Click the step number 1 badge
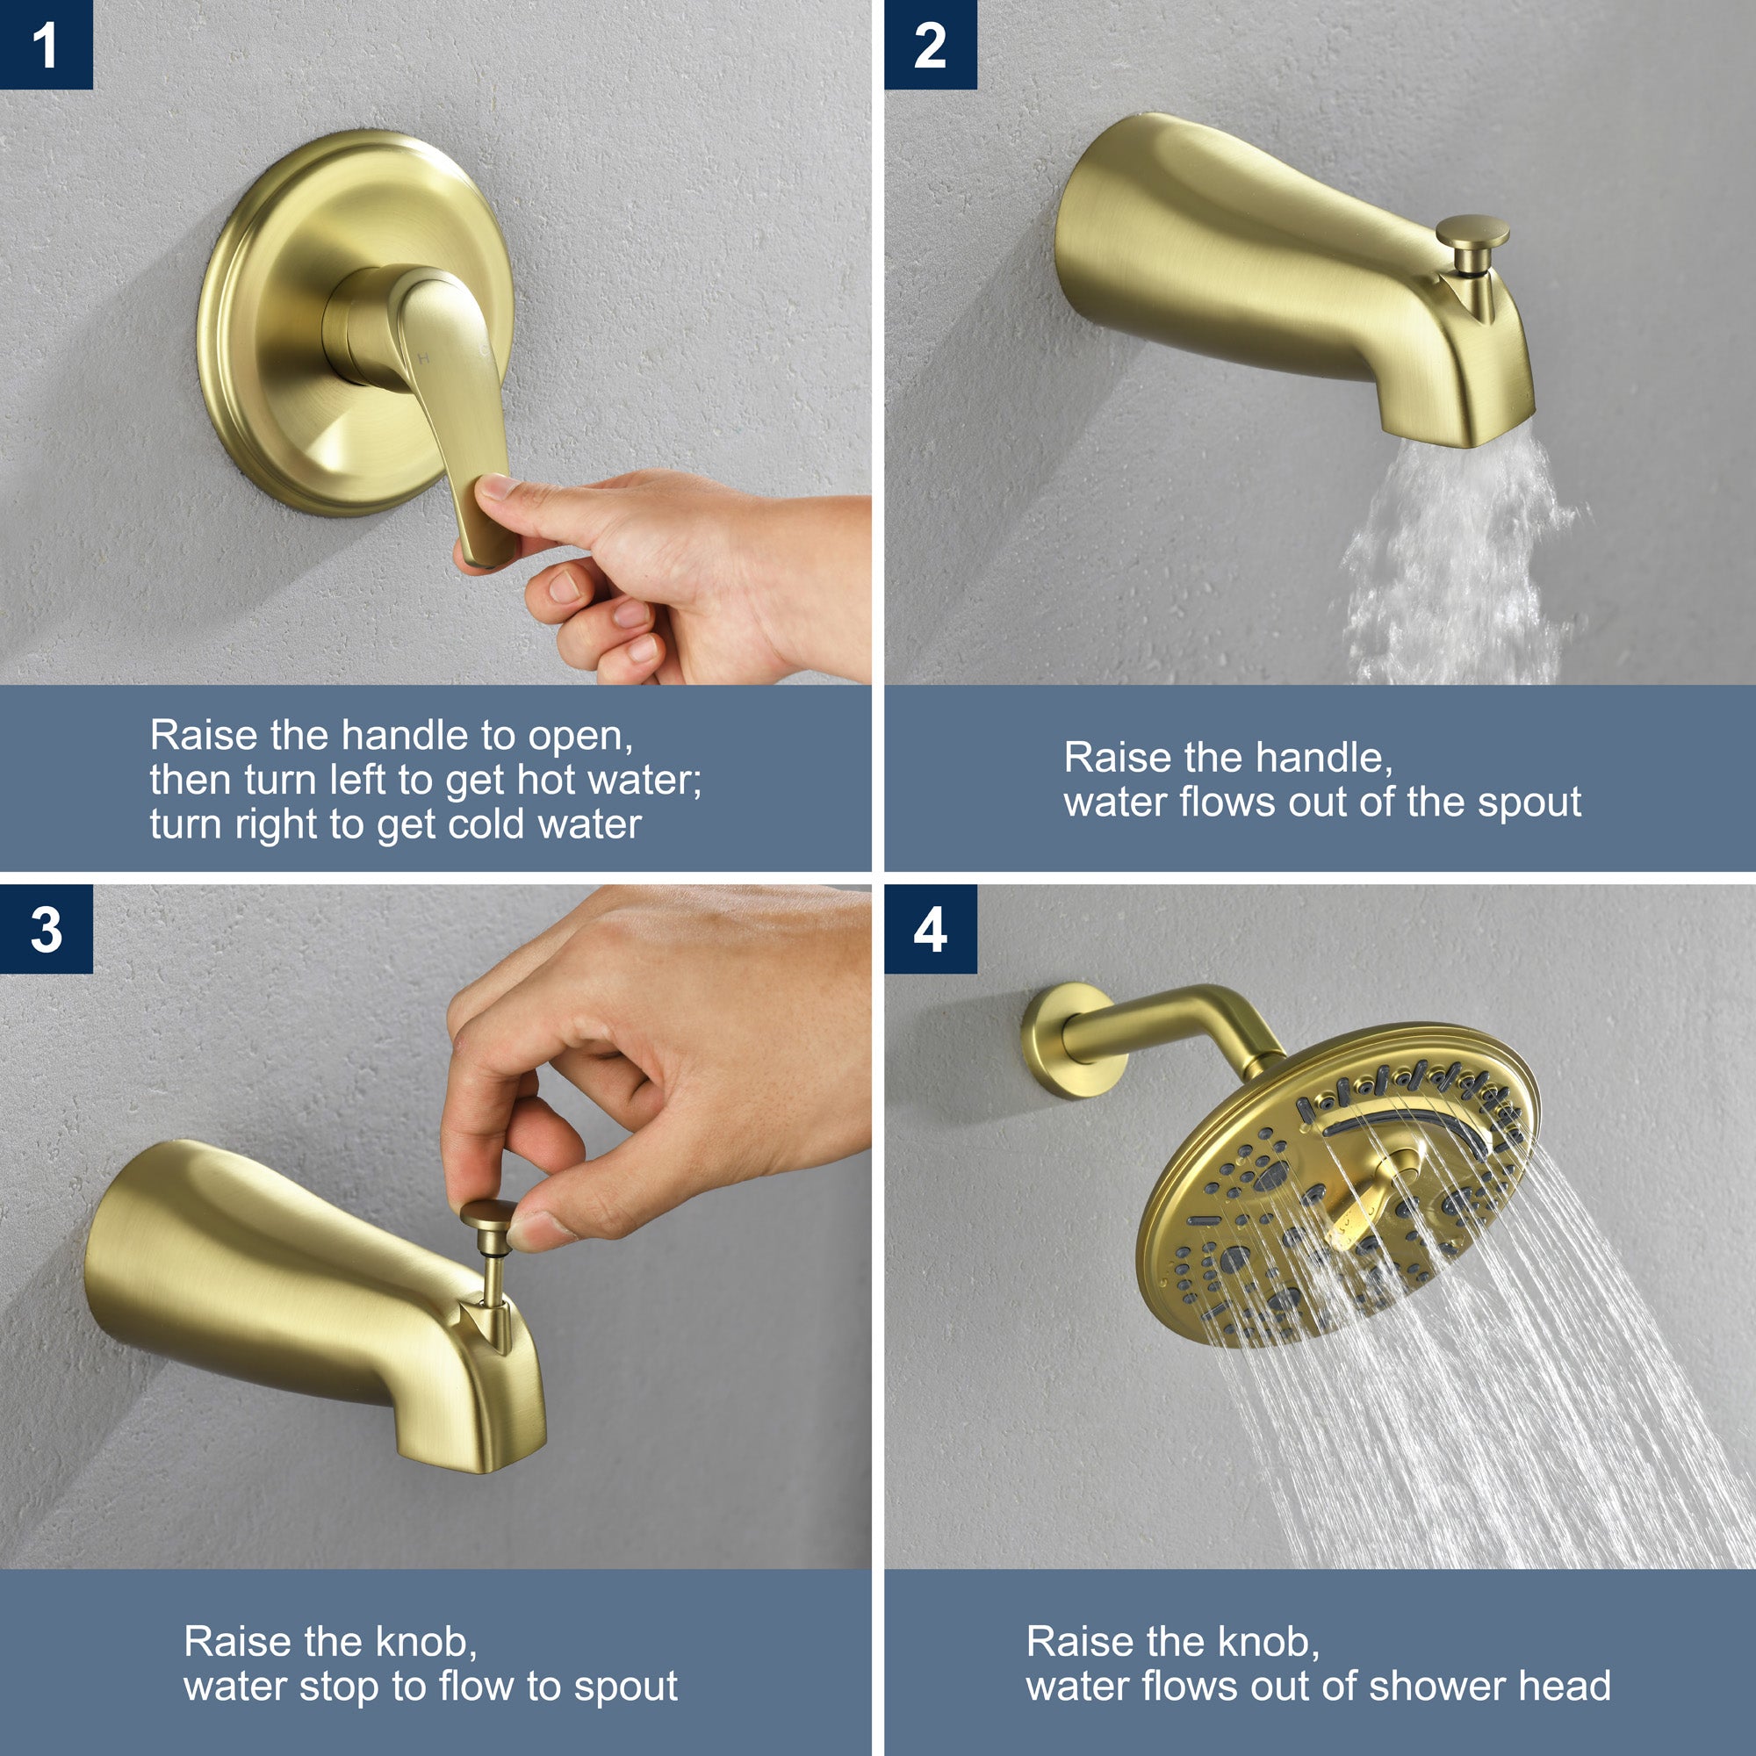pyautogui.click(x=47, y=45)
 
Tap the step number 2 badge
pyautogui.click(x=930, y=45)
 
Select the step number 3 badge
pyautogui.click(x=47, y=929)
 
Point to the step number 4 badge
pyautogui.click(x=930, y=929)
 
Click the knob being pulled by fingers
pyautogui.click(x=489, y=1218)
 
